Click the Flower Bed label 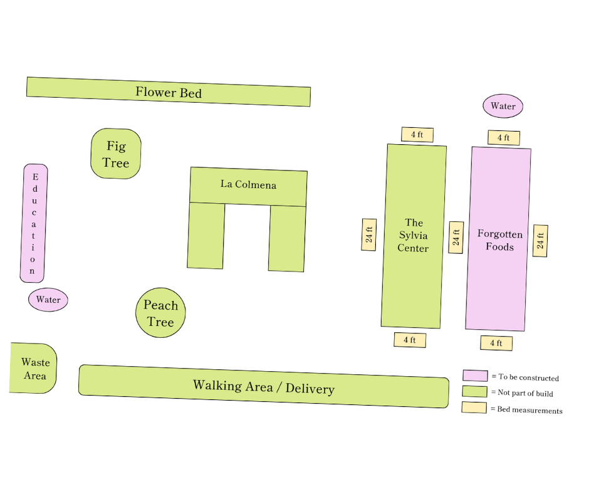(x=169, y=93)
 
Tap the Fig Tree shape (x=116, y=154)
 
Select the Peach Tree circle (x=160, y=313)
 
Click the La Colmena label (x=248, y=185)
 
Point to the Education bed (x=34, y=224)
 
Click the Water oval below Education (x=48, y=300)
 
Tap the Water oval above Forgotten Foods (x=503, y=107)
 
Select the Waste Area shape (x=34, y=369)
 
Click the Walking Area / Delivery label (x=263, y=387)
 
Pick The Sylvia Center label (x=414, y=235)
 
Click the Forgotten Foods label (x=499, y=240)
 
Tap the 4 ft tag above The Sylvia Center (x=417, y=135)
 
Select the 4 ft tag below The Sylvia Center (x=410, y=340)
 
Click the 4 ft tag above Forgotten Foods (x=504, y=138)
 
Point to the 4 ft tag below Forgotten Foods (x=496, y=343)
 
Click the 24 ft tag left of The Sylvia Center (x=369, y=234)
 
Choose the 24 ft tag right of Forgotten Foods (x=540, y=241)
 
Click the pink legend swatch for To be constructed (x=475, y=376)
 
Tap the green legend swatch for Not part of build (x=474, y=391)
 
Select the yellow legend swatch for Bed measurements (x=474, y=407)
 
